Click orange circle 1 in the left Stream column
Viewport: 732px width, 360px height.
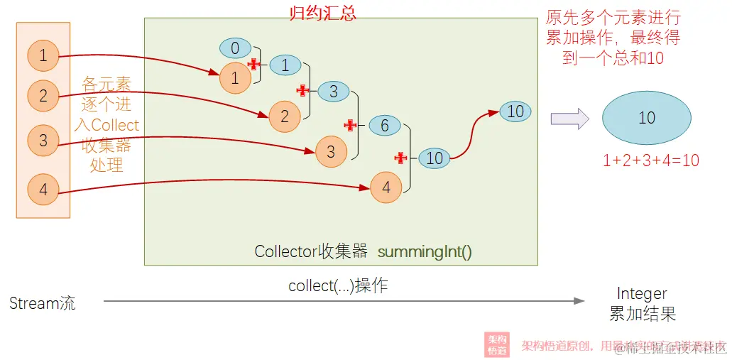click(x=43, y=55)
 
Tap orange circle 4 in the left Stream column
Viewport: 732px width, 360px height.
click(x=43, y=190)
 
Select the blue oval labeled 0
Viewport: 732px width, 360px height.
click(x=235, y=48)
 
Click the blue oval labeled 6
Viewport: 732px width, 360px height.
click(x=385, y=126)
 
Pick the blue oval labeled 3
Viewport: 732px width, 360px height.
click(x=333, y=91)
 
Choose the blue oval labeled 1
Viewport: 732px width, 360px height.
click(x=285, y=65)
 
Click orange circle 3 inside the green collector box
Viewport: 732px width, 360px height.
click(x=330, y=152)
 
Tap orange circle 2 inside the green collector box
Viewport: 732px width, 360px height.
click(x=284, y=116)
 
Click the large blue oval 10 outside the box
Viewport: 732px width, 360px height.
click(x=646, y=118)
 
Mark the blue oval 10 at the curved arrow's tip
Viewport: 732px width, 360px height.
click(x=515, y=111)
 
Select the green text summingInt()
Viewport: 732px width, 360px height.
click(x=425, y=251)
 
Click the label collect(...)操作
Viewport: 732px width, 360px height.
click(x=338, y=286)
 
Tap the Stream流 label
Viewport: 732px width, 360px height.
click(x=43, y=304)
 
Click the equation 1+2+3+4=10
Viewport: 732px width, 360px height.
click(x=650, y=160)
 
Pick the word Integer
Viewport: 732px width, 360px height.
click(x=642, y=293)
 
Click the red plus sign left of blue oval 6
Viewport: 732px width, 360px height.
click(x=349, y=125)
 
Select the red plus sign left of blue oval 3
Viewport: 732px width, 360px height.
click(x=302, y=90)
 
